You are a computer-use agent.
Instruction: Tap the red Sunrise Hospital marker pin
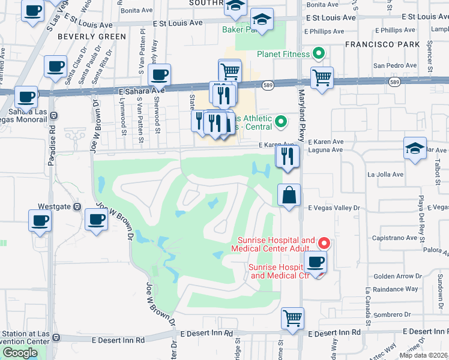[324, 243]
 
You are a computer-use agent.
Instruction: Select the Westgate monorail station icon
[77, 206]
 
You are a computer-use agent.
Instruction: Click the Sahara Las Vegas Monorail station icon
[53, 115]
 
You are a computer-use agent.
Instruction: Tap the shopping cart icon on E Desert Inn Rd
[292, 319]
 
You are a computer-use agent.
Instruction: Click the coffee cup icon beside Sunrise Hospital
[315, 262]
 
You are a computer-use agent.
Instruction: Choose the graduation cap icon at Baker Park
[262, 20]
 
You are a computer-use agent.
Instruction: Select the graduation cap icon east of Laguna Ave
[415, 148]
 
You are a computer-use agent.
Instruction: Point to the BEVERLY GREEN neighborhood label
[92, 37]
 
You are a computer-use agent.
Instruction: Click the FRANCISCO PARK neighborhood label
[377, 44]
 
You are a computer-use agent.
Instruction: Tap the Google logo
[20, 353]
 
